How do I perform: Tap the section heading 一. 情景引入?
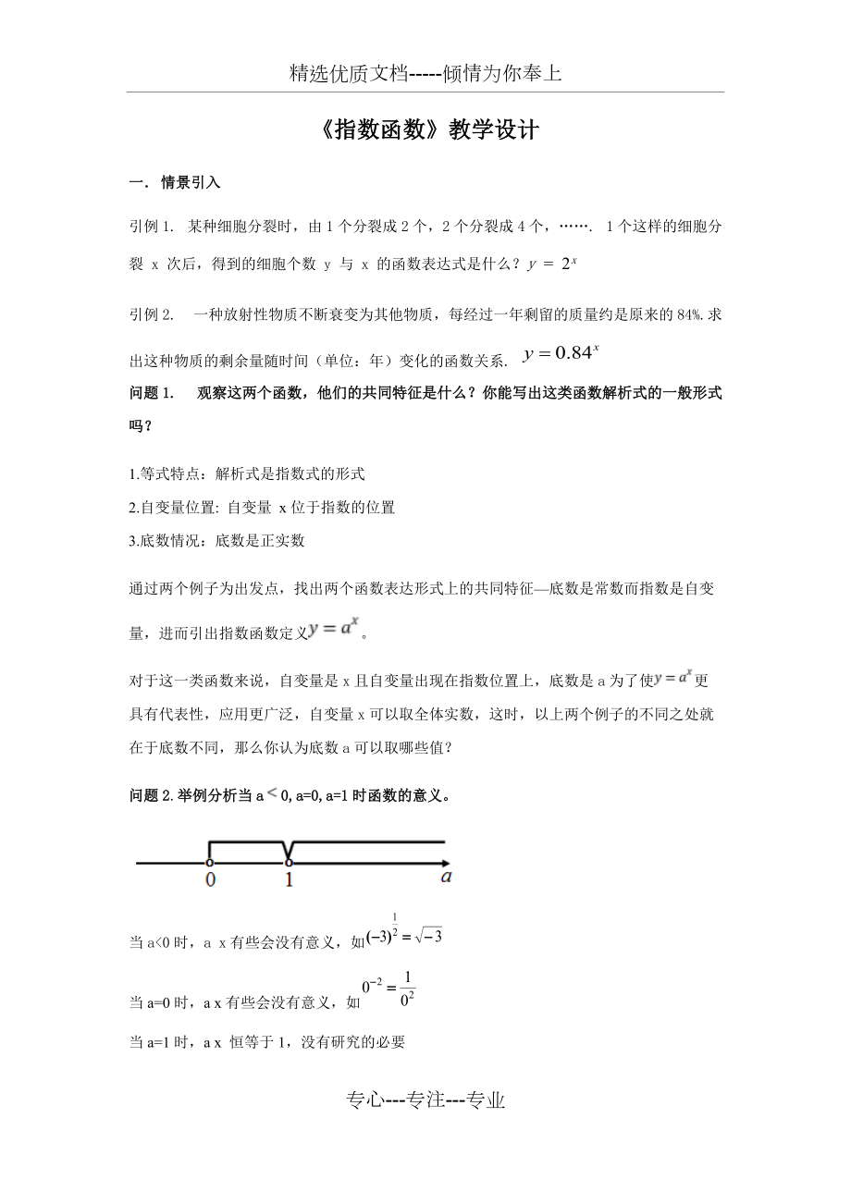(x=175, y=182)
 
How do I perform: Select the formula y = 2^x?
(x=552, y=264)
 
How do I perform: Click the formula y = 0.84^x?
(x=561, y=353)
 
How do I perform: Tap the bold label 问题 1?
(x=153, y=393)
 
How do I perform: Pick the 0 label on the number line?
(x=211, y=880)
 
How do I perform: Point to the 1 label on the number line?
(x=290, y=880)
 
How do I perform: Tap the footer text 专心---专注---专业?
(x=425, y=1100)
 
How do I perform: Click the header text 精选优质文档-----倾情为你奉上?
(x=425, y=74)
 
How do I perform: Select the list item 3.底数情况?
(x=217, y=540)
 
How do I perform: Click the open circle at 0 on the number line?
(x=210, y=863)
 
